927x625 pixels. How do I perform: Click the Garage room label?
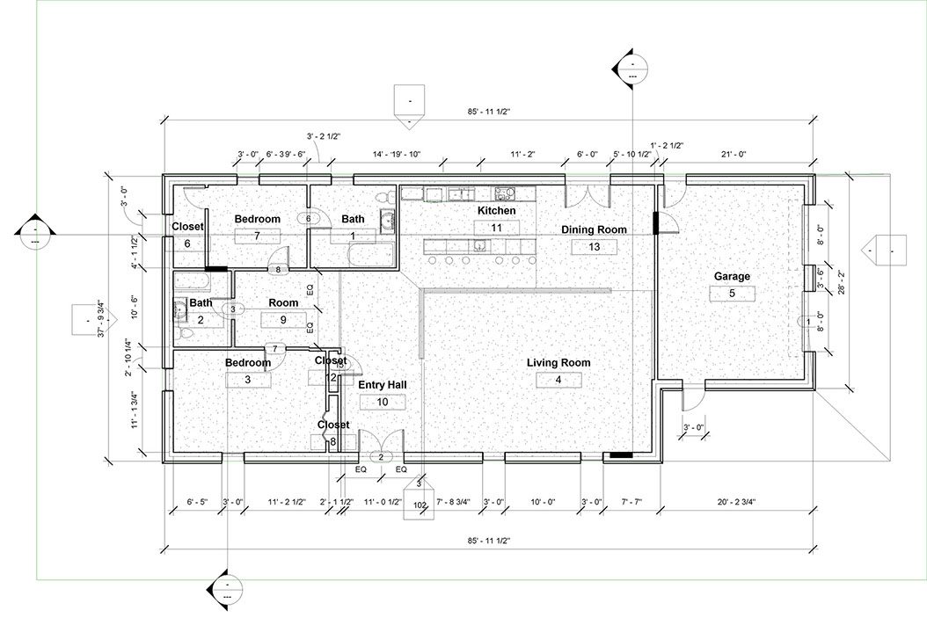[732, 276]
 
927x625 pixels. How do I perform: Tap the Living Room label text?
[558, 362]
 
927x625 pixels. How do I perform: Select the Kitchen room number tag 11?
[497, 227]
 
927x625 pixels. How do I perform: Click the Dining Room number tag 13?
[595, 247]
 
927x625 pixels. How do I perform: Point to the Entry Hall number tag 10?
[383, 402]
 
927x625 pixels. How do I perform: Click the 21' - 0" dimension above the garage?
[734, 155]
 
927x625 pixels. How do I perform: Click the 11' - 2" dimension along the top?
[522, 155]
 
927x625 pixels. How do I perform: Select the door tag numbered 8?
[278, 269]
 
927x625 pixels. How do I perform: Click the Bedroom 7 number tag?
[257, 236]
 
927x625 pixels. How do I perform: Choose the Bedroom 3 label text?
[247, 362]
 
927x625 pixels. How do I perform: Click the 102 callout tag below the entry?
[420, 505]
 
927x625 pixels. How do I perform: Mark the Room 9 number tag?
[283, 320]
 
